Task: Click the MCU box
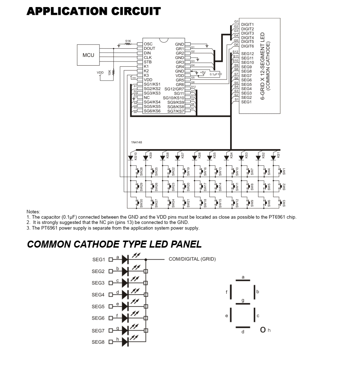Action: point(88,55)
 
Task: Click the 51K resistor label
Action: point(128,41)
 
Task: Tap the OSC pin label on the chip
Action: point(148,44)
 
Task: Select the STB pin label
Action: point(148,62)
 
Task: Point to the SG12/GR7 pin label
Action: point(174,89)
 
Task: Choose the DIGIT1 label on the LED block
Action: point(247,25)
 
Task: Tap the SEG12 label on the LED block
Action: point(247,54)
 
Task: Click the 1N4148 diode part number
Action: point(137,143)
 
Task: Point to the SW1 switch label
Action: point(284,171)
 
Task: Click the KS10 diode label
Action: point(136,156)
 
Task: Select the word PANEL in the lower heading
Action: point(186,244)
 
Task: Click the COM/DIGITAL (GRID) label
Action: point(192,259)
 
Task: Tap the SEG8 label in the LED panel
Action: point(98,342)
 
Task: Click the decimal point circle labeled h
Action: point(263,330)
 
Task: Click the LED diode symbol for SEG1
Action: point(125,260)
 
